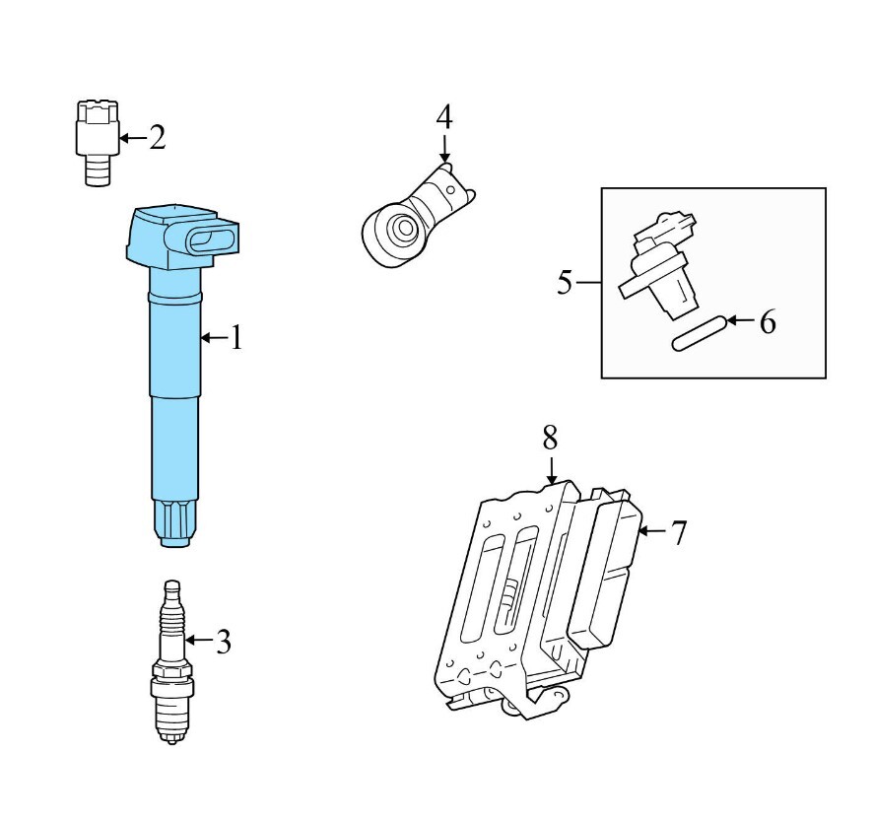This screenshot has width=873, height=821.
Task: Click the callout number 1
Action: (x=237, y=338)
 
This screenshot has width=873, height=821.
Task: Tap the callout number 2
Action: (x=158, y=137)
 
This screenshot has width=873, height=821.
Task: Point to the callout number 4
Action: (x=444, y=117)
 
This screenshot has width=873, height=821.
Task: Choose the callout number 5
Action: (x=565, y=282)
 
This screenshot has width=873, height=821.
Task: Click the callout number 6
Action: (x=768, y=322)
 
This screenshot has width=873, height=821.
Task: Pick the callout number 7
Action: (x=679, y=532)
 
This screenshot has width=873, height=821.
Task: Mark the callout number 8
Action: (x=550, y=438)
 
